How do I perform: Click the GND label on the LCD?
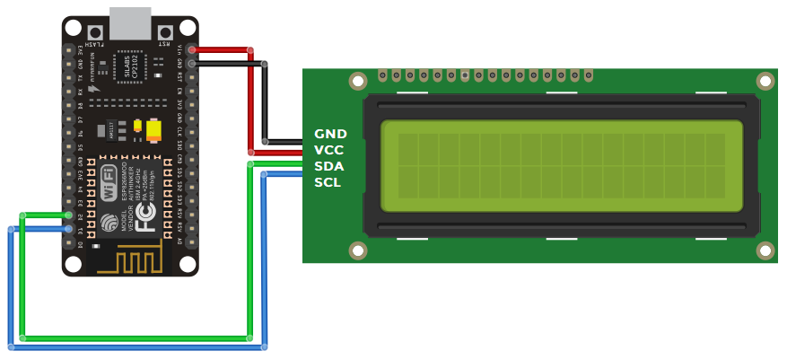329,134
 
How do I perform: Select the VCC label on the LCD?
329,150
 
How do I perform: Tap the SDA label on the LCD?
329,166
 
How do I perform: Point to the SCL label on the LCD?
328,182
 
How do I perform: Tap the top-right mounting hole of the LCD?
765,82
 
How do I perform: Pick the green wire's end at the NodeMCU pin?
68,215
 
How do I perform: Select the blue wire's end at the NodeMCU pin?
68,230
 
